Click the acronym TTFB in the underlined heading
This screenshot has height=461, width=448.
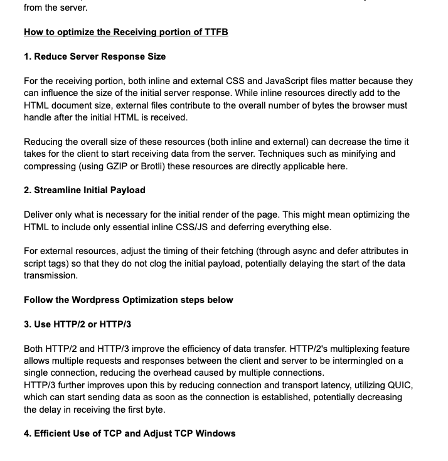215,32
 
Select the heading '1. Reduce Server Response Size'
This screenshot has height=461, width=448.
95,56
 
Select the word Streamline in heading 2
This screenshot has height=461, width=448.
58,190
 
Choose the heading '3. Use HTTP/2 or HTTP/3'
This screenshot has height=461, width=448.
77,324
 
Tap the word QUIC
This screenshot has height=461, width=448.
402,385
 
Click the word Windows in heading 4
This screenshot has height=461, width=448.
216,433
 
